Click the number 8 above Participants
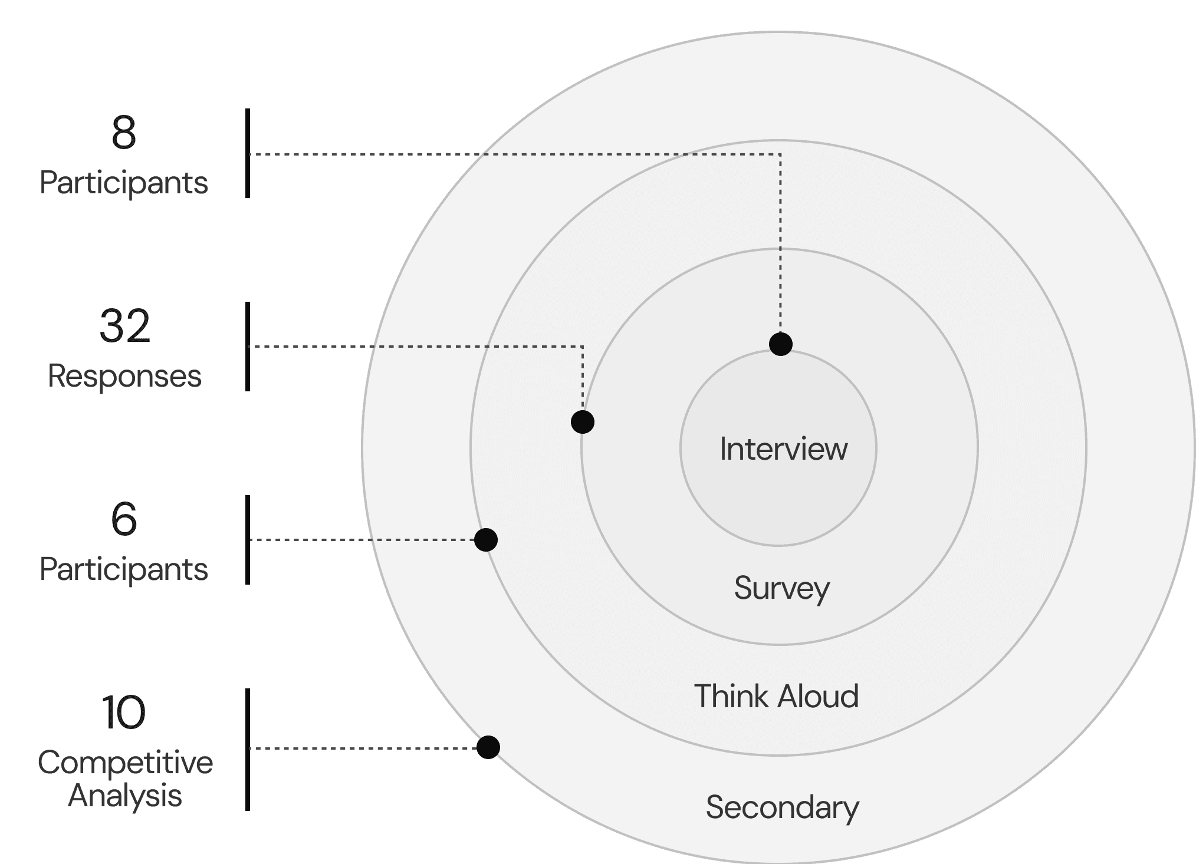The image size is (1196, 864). [124, 133]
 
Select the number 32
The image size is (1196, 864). [125, 326]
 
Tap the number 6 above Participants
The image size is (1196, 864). [124, 519]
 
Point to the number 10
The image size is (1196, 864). [124, 713]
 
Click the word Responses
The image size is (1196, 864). [124, 376]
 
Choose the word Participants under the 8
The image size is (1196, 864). [124, 183]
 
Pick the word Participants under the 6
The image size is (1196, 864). [124, 570]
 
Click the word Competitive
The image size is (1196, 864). [125, 763]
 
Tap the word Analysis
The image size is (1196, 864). [125, 796]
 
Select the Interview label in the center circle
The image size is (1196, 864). [784, 449]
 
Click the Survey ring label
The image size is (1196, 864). [782, 589]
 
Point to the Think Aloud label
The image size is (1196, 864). [776, 696]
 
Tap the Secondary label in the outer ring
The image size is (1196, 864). [783, 807]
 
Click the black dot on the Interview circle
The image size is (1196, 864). [781, 344]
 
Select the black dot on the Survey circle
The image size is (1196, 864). [583, 422]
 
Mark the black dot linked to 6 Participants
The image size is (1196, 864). [486, 540]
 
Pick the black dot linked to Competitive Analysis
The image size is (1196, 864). [488, 747]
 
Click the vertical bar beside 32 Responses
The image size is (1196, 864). [248, 347]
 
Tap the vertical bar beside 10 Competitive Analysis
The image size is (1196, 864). [248, 750]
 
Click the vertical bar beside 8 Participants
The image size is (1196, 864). [248, 153]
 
